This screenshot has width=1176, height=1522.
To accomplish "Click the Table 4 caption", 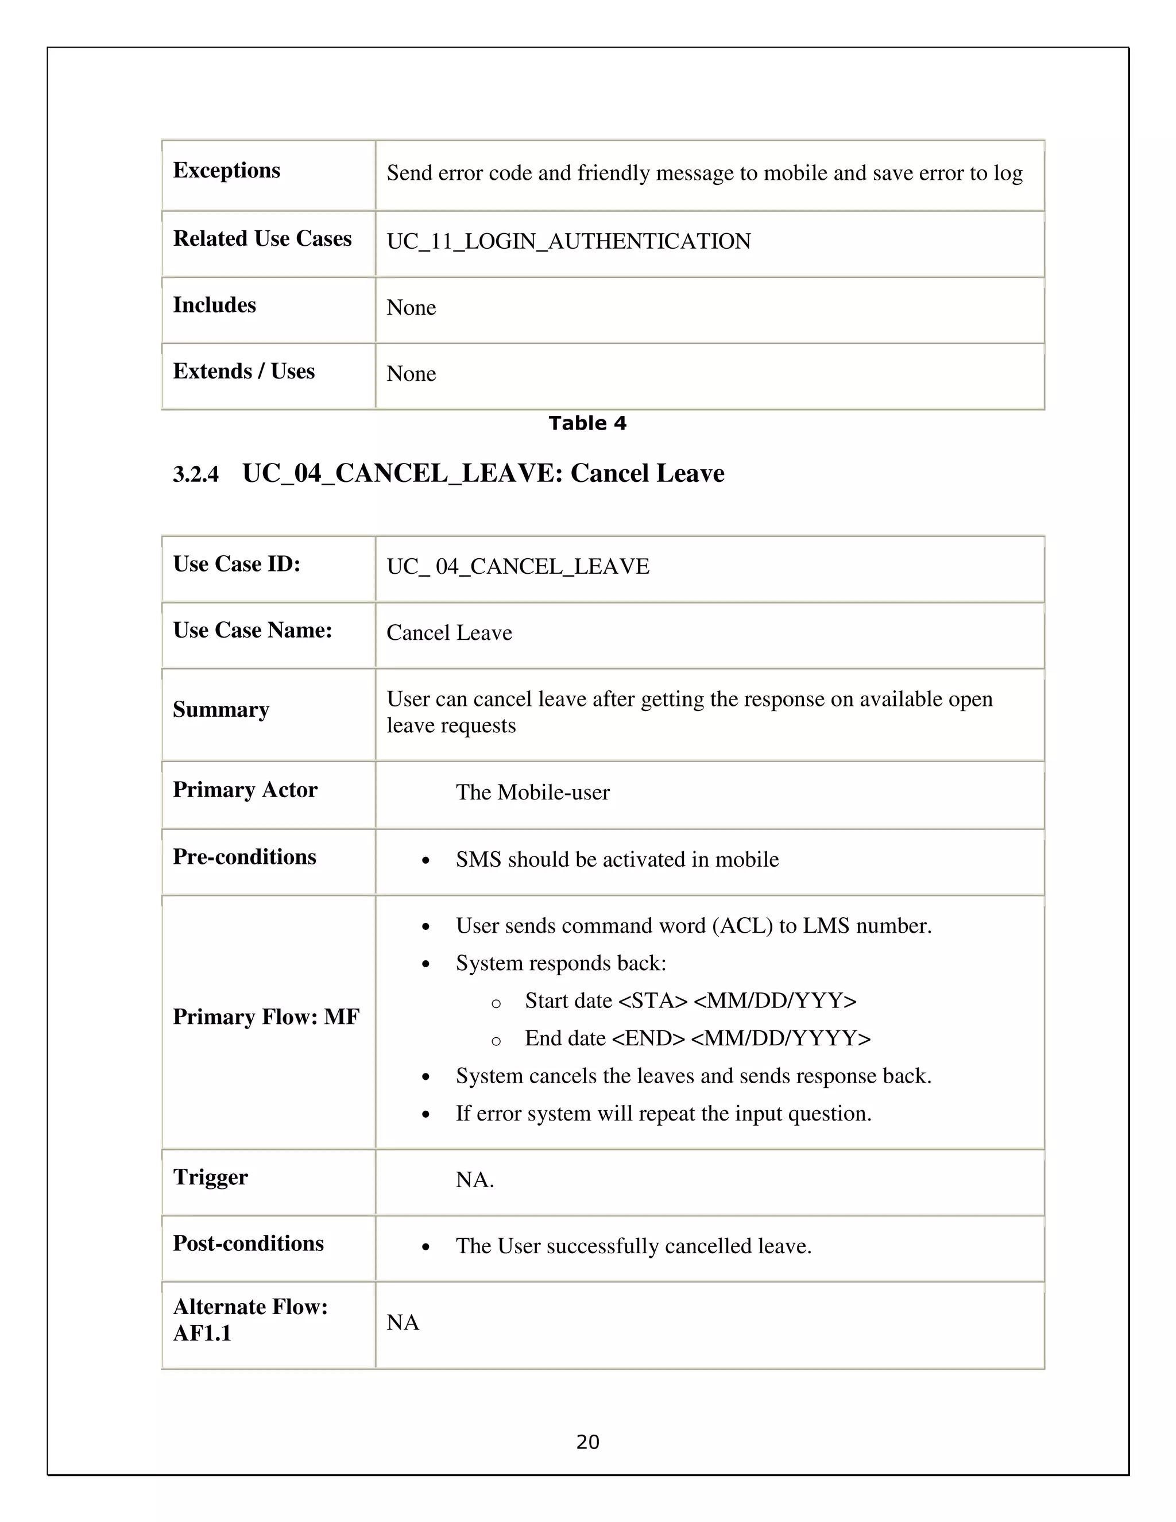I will tap(587, 423).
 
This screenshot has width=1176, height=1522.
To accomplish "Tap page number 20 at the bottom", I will tap(587, 1441).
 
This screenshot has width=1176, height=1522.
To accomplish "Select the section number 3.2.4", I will tap(196, 474).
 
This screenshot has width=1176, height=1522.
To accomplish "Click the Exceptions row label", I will tap(226, 170).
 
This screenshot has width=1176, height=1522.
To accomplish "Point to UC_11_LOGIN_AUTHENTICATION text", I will tap(568, 241).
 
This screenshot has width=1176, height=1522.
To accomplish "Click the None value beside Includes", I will tap(411, 307).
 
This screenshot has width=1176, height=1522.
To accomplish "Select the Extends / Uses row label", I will tap(244, 371).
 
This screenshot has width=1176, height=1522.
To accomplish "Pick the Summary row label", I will tap(221, 709).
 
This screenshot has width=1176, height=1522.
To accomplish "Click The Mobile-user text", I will tap(532, 793).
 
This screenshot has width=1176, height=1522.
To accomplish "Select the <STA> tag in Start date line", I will tap(653, 1000).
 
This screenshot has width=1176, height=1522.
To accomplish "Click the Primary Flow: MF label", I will tap(266, 1017).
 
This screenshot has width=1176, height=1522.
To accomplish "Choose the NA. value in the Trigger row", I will tap(474, 1180).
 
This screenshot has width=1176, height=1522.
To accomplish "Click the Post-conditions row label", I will tap(248, 1243).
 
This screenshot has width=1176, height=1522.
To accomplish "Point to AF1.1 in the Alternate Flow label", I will tap(202, 1333).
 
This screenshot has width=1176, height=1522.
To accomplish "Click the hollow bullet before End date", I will tap(496, 1041).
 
